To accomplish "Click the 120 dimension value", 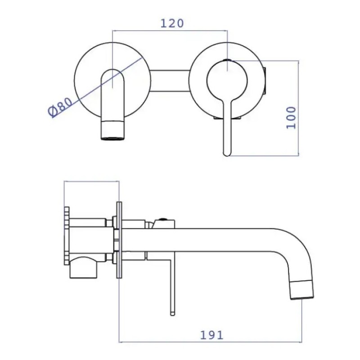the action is click(172, 23).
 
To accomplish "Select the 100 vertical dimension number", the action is click(291, 117).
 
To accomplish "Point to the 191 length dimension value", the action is click(211, 335).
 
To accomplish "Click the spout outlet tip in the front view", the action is click(113, 138).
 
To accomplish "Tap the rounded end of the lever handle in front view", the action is click(227, 153).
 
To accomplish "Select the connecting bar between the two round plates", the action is click(170, 81).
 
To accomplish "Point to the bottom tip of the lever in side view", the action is click(173, 314).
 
